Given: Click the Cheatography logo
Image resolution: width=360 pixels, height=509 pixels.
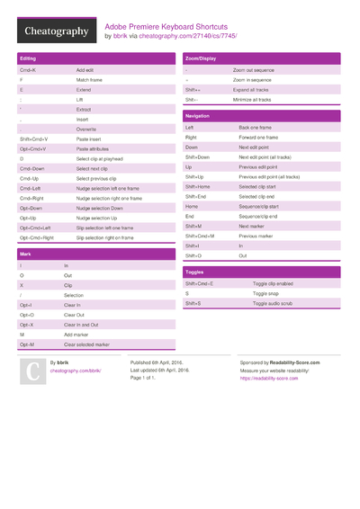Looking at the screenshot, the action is pyautogui.click(x=56, y=31).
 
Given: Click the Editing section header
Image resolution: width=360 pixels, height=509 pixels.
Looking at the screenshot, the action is pyautogui.click(x=28, y=58).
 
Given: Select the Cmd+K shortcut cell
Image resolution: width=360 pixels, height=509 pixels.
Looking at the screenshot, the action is pyautogui.click(x=28, y=69).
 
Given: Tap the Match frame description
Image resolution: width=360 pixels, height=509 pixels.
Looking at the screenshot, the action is pyautogui.click(x=91, y=79).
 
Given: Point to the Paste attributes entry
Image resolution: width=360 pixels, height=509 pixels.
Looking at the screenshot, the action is pyautogui.click(x=94, y=148).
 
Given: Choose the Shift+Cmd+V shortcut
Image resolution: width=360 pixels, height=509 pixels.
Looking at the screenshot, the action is pyautogui.click(x=34, y=138).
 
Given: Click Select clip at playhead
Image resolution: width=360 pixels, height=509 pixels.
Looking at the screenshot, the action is pyautogui.click(x=100, y=158).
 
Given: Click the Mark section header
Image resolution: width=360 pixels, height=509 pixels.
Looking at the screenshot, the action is pyautogui.click(x=25, y=254).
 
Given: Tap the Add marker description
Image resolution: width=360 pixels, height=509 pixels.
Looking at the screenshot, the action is pyautogui.click(x=77, y=334).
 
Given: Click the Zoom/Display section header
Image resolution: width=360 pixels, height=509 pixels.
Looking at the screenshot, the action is pyautogui.click(x=199, y=58).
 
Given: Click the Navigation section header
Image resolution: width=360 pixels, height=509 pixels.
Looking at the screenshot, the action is pyautogui.click(x=197, y=117).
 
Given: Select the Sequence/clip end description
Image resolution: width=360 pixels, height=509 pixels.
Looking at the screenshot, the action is pyautogui.click(x=258, y=216).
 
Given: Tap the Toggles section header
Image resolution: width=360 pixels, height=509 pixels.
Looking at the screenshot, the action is pyautogui.click(x=194, y=272).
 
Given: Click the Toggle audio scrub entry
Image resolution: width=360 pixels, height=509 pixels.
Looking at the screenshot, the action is pyautogui.click(x=274, y=303).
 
